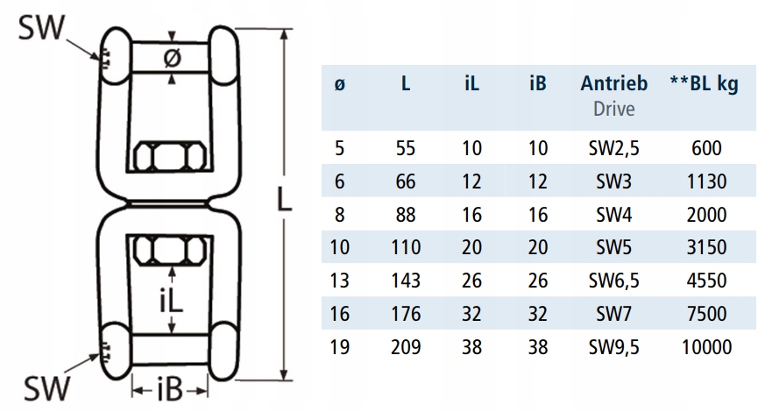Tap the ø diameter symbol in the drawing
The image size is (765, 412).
(173, 58)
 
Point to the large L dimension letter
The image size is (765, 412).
(280, 200)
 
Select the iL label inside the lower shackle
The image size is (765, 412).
(171, 302)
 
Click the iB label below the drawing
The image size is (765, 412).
(171, 387)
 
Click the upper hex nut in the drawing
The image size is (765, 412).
(172, 159)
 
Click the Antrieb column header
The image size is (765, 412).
(614, 84)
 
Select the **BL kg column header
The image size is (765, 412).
(703, 84)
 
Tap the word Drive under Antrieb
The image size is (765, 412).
(614, 109)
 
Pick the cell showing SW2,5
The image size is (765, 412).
(614, 148)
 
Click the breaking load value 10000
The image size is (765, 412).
(705, 347)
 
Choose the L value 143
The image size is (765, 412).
(406, 281)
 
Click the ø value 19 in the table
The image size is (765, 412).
(341, 347)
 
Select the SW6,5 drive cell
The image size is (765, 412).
(614, 281)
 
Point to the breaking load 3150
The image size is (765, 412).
(705, 247)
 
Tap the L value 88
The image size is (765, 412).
(406, 215)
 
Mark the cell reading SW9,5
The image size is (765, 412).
(614, 347)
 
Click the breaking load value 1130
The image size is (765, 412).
(705, 181)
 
